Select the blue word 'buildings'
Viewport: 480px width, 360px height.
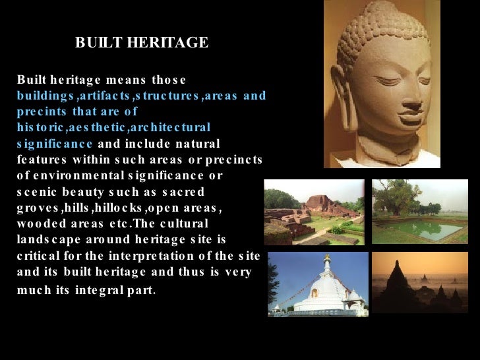click(x=43, y=96)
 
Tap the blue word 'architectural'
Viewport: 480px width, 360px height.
click(x=173, y=127)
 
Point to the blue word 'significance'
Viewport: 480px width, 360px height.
click(x=55, y=143)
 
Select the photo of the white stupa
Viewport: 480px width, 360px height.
click(x=318, y=284)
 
